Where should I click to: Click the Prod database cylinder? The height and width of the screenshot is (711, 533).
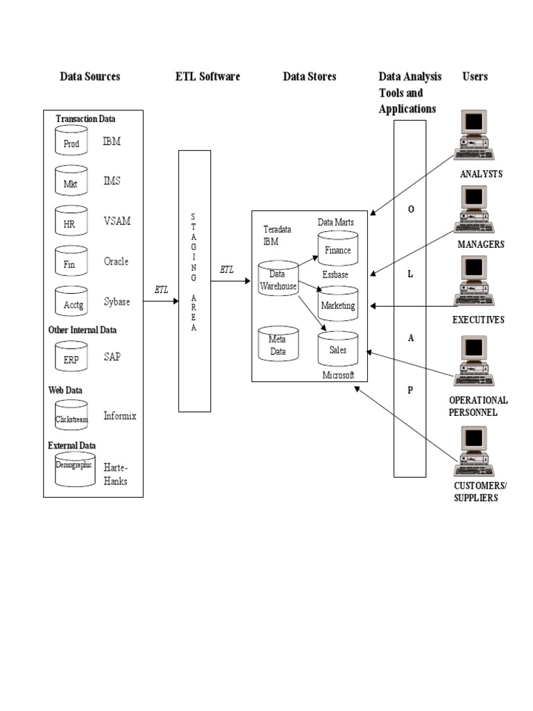(x=71, y=142)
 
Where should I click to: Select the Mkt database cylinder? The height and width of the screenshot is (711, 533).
(x=71, y=181)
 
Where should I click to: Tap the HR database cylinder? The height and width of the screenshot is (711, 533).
(x=71, y=221)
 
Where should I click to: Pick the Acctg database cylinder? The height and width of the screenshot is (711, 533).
(x=71, y=301)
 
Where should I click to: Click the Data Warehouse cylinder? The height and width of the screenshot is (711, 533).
(x=278, y=281)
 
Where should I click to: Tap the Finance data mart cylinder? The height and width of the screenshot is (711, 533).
(x=337, y=248)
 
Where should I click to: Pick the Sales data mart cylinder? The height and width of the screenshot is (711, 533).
(x=337, y=348)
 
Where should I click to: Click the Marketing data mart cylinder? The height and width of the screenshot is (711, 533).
(x=337, y=303)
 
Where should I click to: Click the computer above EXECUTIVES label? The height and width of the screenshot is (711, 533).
(x=474, y=282)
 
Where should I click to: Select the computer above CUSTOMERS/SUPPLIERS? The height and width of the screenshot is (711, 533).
(x=474, y=450)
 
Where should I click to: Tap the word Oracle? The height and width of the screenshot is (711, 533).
(x=116, y=262)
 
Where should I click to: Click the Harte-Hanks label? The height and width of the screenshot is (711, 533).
(x=115, y=474)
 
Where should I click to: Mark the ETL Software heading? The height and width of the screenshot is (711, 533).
(x=208, y=76)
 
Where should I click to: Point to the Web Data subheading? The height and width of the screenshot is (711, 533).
(x=65, y=390)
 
